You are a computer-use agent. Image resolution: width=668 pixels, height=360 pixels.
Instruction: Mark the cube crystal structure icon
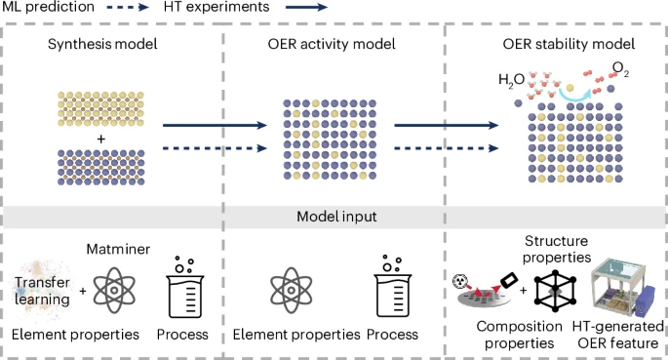(x=559, y=291)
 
